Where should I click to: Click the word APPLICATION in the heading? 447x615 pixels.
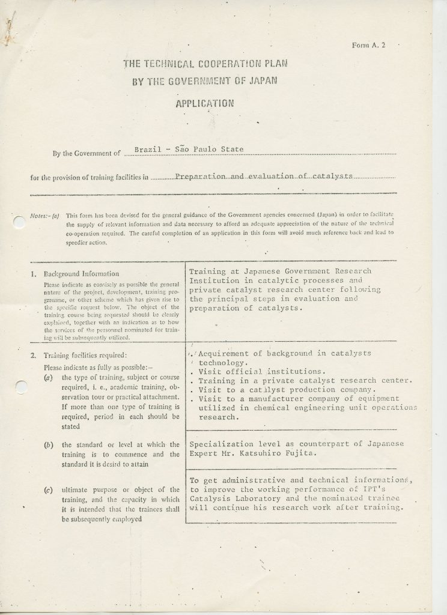click(203, 103)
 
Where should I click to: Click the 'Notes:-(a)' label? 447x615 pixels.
click(44, 214)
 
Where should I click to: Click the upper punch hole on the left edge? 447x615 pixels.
click(16, 222)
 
